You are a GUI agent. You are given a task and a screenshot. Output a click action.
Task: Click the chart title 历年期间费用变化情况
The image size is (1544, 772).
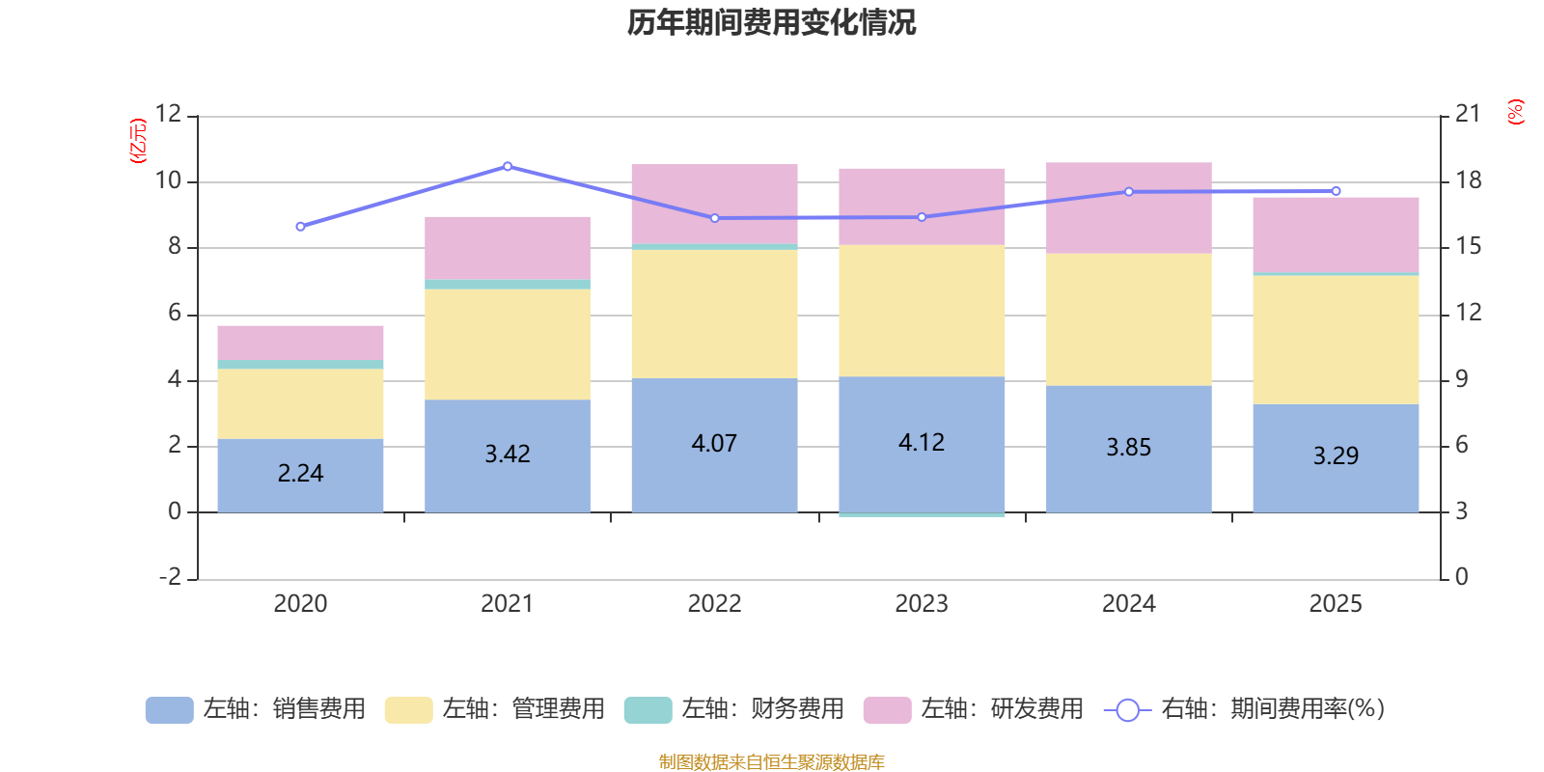[771, 23]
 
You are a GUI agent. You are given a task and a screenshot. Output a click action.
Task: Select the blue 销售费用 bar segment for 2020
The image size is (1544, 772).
[300, 476]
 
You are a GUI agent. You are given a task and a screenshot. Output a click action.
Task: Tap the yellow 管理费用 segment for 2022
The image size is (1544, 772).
[714, 314]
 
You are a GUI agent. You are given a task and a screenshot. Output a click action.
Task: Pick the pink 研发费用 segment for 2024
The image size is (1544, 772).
[1128, 207]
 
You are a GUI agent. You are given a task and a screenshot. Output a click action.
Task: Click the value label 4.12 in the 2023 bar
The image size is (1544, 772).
[922, 442]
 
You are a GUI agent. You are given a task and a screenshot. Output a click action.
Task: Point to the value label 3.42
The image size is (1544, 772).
[508, 454]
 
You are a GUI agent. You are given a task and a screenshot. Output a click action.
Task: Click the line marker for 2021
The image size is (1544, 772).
[508, 166]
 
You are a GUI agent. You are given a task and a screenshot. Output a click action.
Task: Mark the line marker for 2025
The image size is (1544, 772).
[1336, 191]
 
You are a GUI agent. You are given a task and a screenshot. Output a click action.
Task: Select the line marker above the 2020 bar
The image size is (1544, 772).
[300, 227]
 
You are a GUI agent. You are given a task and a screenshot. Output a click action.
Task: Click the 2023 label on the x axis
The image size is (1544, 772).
[922, 604]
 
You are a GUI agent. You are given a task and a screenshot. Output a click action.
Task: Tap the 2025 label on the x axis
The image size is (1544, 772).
[1336, 604]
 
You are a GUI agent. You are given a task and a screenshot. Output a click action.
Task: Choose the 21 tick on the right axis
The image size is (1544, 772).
[1467, 114]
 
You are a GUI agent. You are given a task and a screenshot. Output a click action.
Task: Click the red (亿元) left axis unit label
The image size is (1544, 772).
[139, 141]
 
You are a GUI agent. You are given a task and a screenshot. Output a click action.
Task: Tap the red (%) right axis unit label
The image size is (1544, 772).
[1516, 112]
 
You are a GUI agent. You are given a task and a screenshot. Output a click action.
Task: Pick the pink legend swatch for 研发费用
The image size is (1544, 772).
[887, 710]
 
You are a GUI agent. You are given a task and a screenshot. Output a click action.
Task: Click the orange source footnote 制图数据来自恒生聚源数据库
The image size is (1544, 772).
[771, 762]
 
